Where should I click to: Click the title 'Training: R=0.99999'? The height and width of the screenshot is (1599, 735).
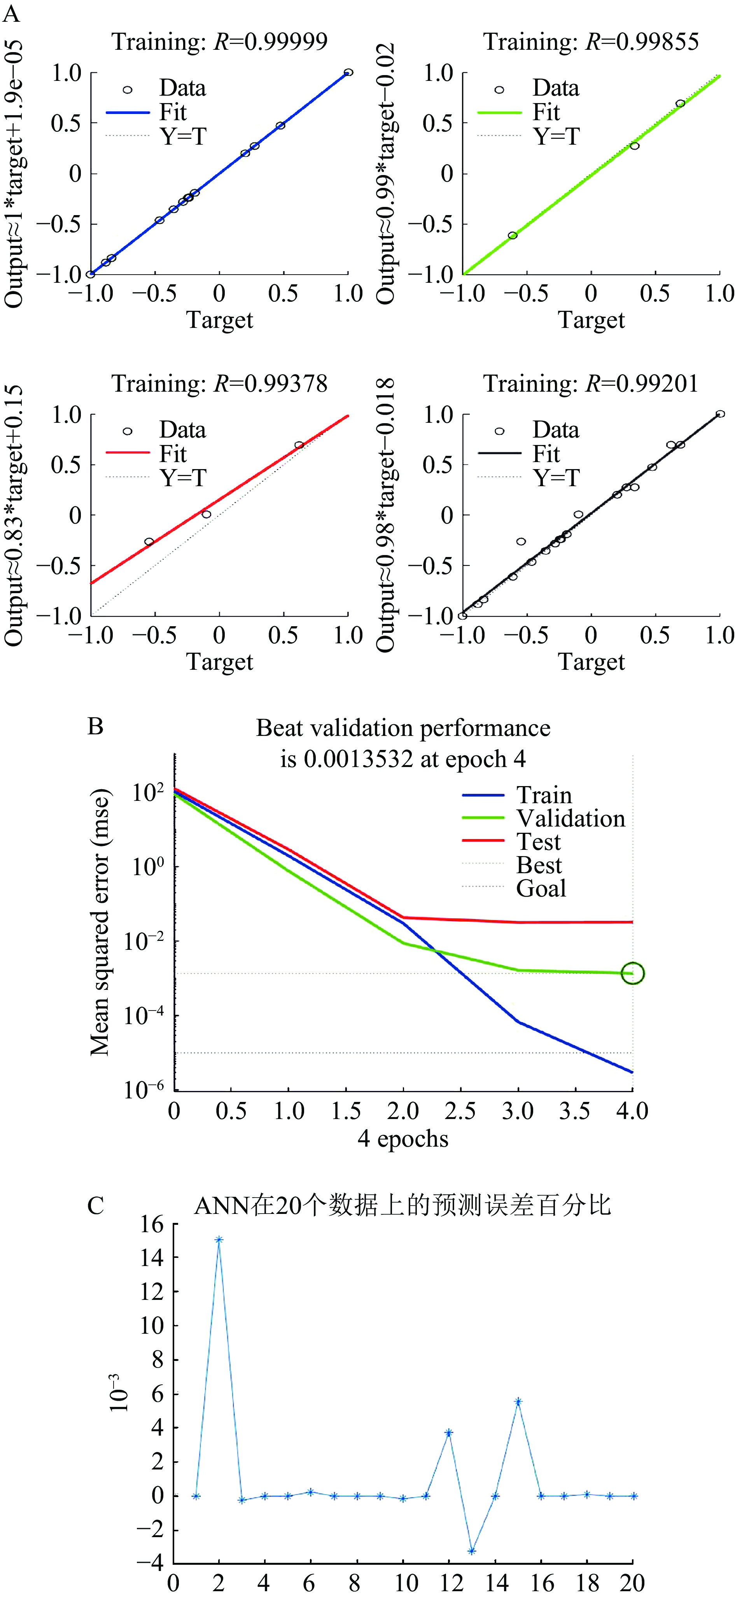pyautogui.click(x=219, y=42)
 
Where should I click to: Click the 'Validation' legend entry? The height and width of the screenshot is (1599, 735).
pyautogui.click(x=570, y=819)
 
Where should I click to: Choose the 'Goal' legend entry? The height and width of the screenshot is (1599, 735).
pyautogui.click(x=541, y=888)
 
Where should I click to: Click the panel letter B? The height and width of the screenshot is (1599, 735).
pyautogui.click(x=96, y=726)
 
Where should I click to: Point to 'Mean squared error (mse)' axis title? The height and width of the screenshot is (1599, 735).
pyautogui.click(x=99, y=922)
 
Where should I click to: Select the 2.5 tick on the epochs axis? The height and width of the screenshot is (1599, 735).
pyautogui.click(x=460, y=1112)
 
